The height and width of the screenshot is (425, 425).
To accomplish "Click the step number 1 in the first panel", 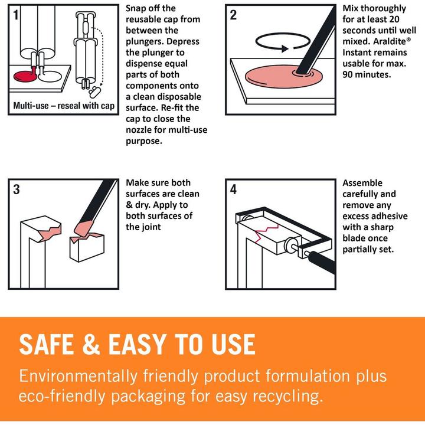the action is tap(16, 15).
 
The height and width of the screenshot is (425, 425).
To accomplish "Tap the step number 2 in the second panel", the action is tap(233, 15).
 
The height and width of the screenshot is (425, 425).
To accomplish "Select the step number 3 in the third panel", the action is tap(17, 189).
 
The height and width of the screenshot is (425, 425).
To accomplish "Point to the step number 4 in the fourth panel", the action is tap(233, 189).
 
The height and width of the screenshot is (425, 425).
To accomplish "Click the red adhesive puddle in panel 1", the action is tap(25, 76).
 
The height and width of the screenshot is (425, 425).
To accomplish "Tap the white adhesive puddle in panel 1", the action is tap(51, 76).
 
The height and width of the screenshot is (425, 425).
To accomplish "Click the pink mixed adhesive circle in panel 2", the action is tap(283, 77).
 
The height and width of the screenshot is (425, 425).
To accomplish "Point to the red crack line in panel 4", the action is tap(266, 230).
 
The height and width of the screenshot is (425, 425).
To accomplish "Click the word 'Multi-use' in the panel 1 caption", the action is tap(31, 106).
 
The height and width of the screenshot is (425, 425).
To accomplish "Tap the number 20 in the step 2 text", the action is tap(394, 19).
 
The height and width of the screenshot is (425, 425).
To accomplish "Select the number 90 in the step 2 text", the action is tap(348, 74).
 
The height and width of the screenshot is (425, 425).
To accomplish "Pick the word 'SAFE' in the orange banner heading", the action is tap(47, 344).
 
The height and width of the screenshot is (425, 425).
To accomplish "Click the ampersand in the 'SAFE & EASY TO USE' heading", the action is tap(91, 344).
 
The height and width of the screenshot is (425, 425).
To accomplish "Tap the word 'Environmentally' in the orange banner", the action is tap(78, 377).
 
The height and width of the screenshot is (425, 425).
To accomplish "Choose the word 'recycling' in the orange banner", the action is tap(288, 397).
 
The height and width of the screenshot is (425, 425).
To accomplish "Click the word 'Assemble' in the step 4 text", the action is tap(362, 183).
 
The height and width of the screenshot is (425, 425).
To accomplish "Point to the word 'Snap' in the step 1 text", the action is tap(136, 9).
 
